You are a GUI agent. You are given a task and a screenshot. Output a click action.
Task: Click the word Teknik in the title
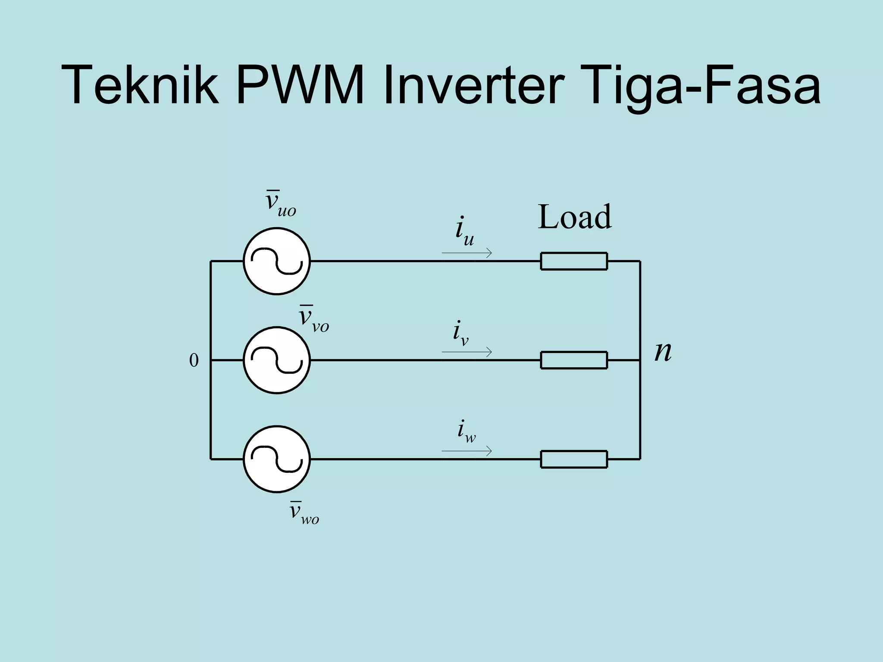tap(141, 85)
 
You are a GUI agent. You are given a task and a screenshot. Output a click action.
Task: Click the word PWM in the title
tap(300, 85)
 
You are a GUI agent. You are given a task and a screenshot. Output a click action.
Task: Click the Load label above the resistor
tap(575, 217)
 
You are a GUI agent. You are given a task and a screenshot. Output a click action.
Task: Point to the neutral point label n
tap(663, 352)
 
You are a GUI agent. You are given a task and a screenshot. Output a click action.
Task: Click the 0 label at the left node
tap(194, 361)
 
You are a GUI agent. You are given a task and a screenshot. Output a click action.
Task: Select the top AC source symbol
tap(277, 261)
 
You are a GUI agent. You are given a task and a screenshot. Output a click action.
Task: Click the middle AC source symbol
tap(277, 360)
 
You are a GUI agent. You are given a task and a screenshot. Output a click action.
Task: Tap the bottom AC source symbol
tap(277, 459)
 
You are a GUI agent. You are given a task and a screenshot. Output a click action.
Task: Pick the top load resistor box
tap(574, 261)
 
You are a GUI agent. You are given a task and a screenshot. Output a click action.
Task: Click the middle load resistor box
tap(574, 360)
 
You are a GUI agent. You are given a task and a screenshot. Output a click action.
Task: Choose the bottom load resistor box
tap(574, 459)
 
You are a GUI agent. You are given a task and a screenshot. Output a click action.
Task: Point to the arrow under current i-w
tap(467, 451)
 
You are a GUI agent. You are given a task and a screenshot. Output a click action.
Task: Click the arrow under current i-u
tap(467, 253)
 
